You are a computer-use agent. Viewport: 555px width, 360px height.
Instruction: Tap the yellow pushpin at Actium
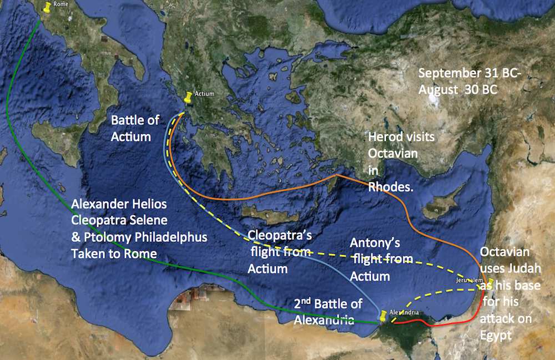pos(189,97)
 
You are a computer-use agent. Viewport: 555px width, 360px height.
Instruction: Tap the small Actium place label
pos(204,94)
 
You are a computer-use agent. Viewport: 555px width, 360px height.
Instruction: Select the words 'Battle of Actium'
pos(135,128)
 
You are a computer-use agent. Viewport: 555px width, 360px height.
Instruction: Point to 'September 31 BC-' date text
pos(460,73)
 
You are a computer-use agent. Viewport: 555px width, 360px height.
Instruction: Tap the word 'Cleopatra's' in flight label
pos(280,236)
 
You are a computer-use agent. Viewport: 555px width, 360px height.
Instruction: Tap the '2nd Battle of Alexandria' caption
pos(329,311)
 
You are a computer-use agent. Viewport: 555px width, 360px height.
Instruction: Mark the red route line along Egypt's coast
pos(438,323)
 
